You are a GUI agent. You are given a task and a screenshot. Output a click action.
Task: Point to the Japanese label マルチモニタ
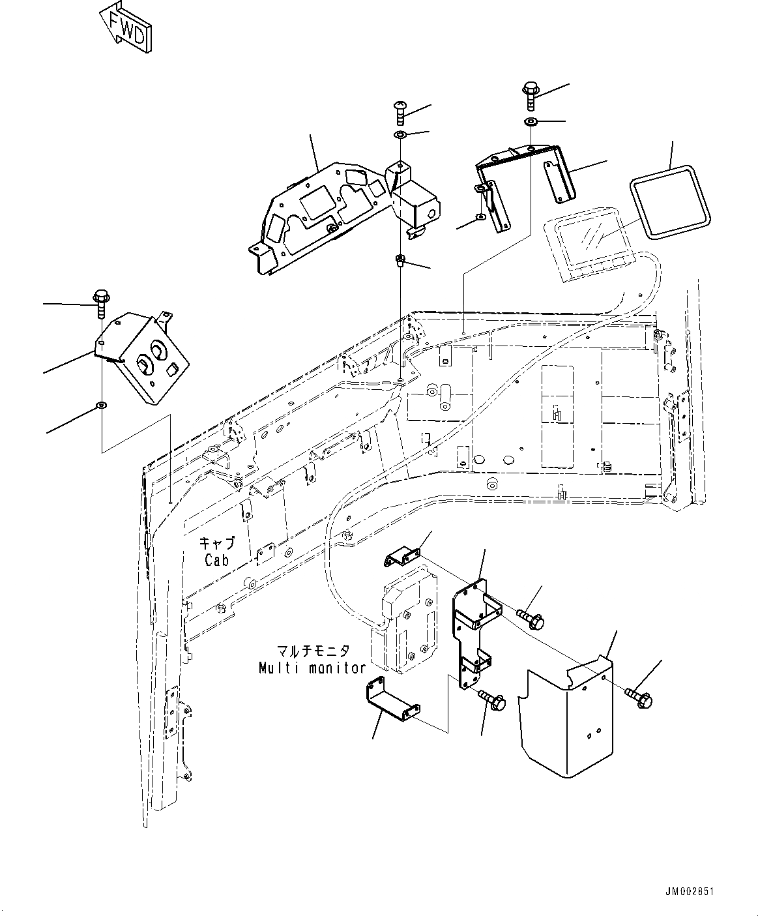[x=312, y=651]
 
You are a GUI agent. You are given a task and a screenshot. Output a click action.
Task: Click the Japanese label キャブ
[x=216, y=542]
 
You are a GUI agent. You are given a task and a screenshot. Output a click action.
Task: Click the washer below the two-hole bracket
[x=101, y=406]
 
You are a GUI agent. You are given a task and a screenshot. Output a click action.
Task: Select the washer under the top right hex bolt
[x=531, y=123]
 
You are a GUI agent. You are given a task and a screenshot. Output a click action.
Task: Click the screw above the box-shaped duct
[x=400, y=112]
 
